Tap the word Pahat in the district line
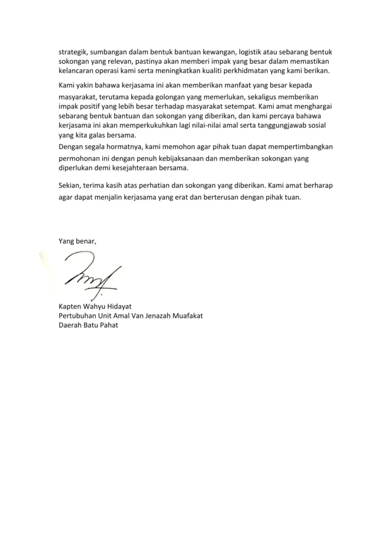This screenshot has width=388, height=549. pyautogui.click(x=108, y=325)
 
